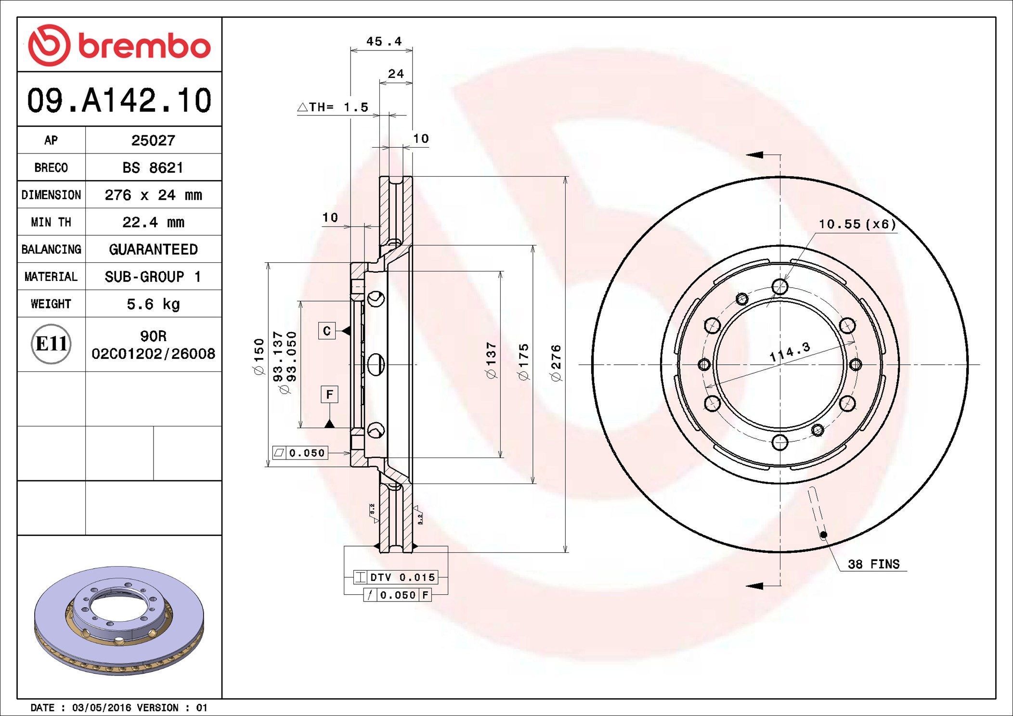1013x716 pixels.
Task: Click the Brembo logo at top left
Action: [x=119, y=45]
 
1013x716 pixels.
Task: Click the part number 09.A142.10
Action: [x=119, y=101]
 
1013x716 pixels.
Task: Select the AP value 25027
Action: [x=153, y=141]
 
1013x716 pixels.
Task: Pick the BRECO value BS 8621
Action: [x=153, y=168]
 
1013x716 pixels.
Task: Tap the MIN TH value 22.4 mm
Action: [x=153, y=222]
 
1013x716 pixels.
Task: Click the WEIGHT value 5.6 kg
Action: [x=153, y=304]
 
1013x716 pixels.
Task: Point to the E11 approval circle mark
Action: [x=51, y=344]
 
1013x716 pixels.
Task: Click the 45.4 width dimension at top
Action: [x=384, y=42]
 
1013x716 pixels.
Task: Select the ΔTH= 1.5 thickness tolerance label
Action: [x=333, y=107]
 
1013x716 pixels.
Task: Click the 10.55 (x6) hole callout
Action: [x=857, y=224]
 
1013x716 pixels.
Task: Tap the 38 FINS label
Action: [x=873, y=564]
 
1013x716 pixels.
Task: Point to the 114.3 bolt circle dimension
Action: [x=790, y=352]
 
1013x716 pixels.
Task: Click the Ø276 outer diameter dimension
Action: [x=556, y=363]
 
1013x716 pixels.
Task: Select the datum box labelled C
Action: [x=327, y=331]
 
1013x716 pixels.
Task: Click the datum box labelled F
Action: [x=329, y=395]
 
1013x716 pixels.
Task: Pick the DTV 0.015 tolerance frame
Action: [x=395, y=577]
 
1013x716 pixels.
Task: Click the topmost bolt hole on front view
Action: [x=779, y=287]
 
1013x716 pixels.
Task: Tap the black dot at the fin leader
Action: [x=823, y=535]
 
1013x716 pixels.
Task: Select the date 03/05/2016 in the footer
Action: [x=101, y=707]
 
